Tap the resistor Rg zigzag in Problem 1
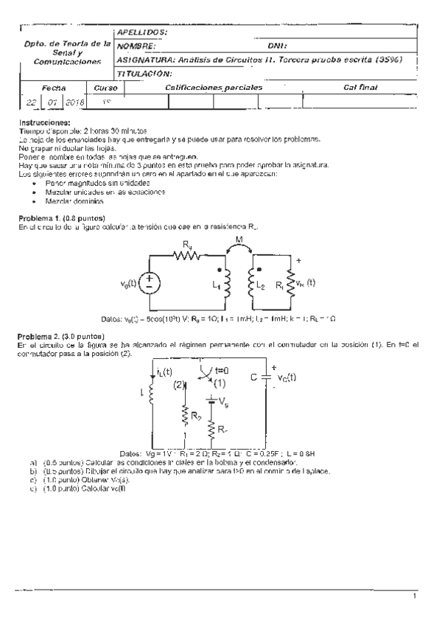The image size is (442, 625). [x=186, y=255]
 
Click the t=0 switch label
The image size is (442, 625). [x=220, y=371]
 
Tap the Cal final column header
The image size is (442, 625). [x=360, y=87]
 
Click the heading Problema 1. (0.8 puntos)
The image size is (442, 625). [x=61, y=218]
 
